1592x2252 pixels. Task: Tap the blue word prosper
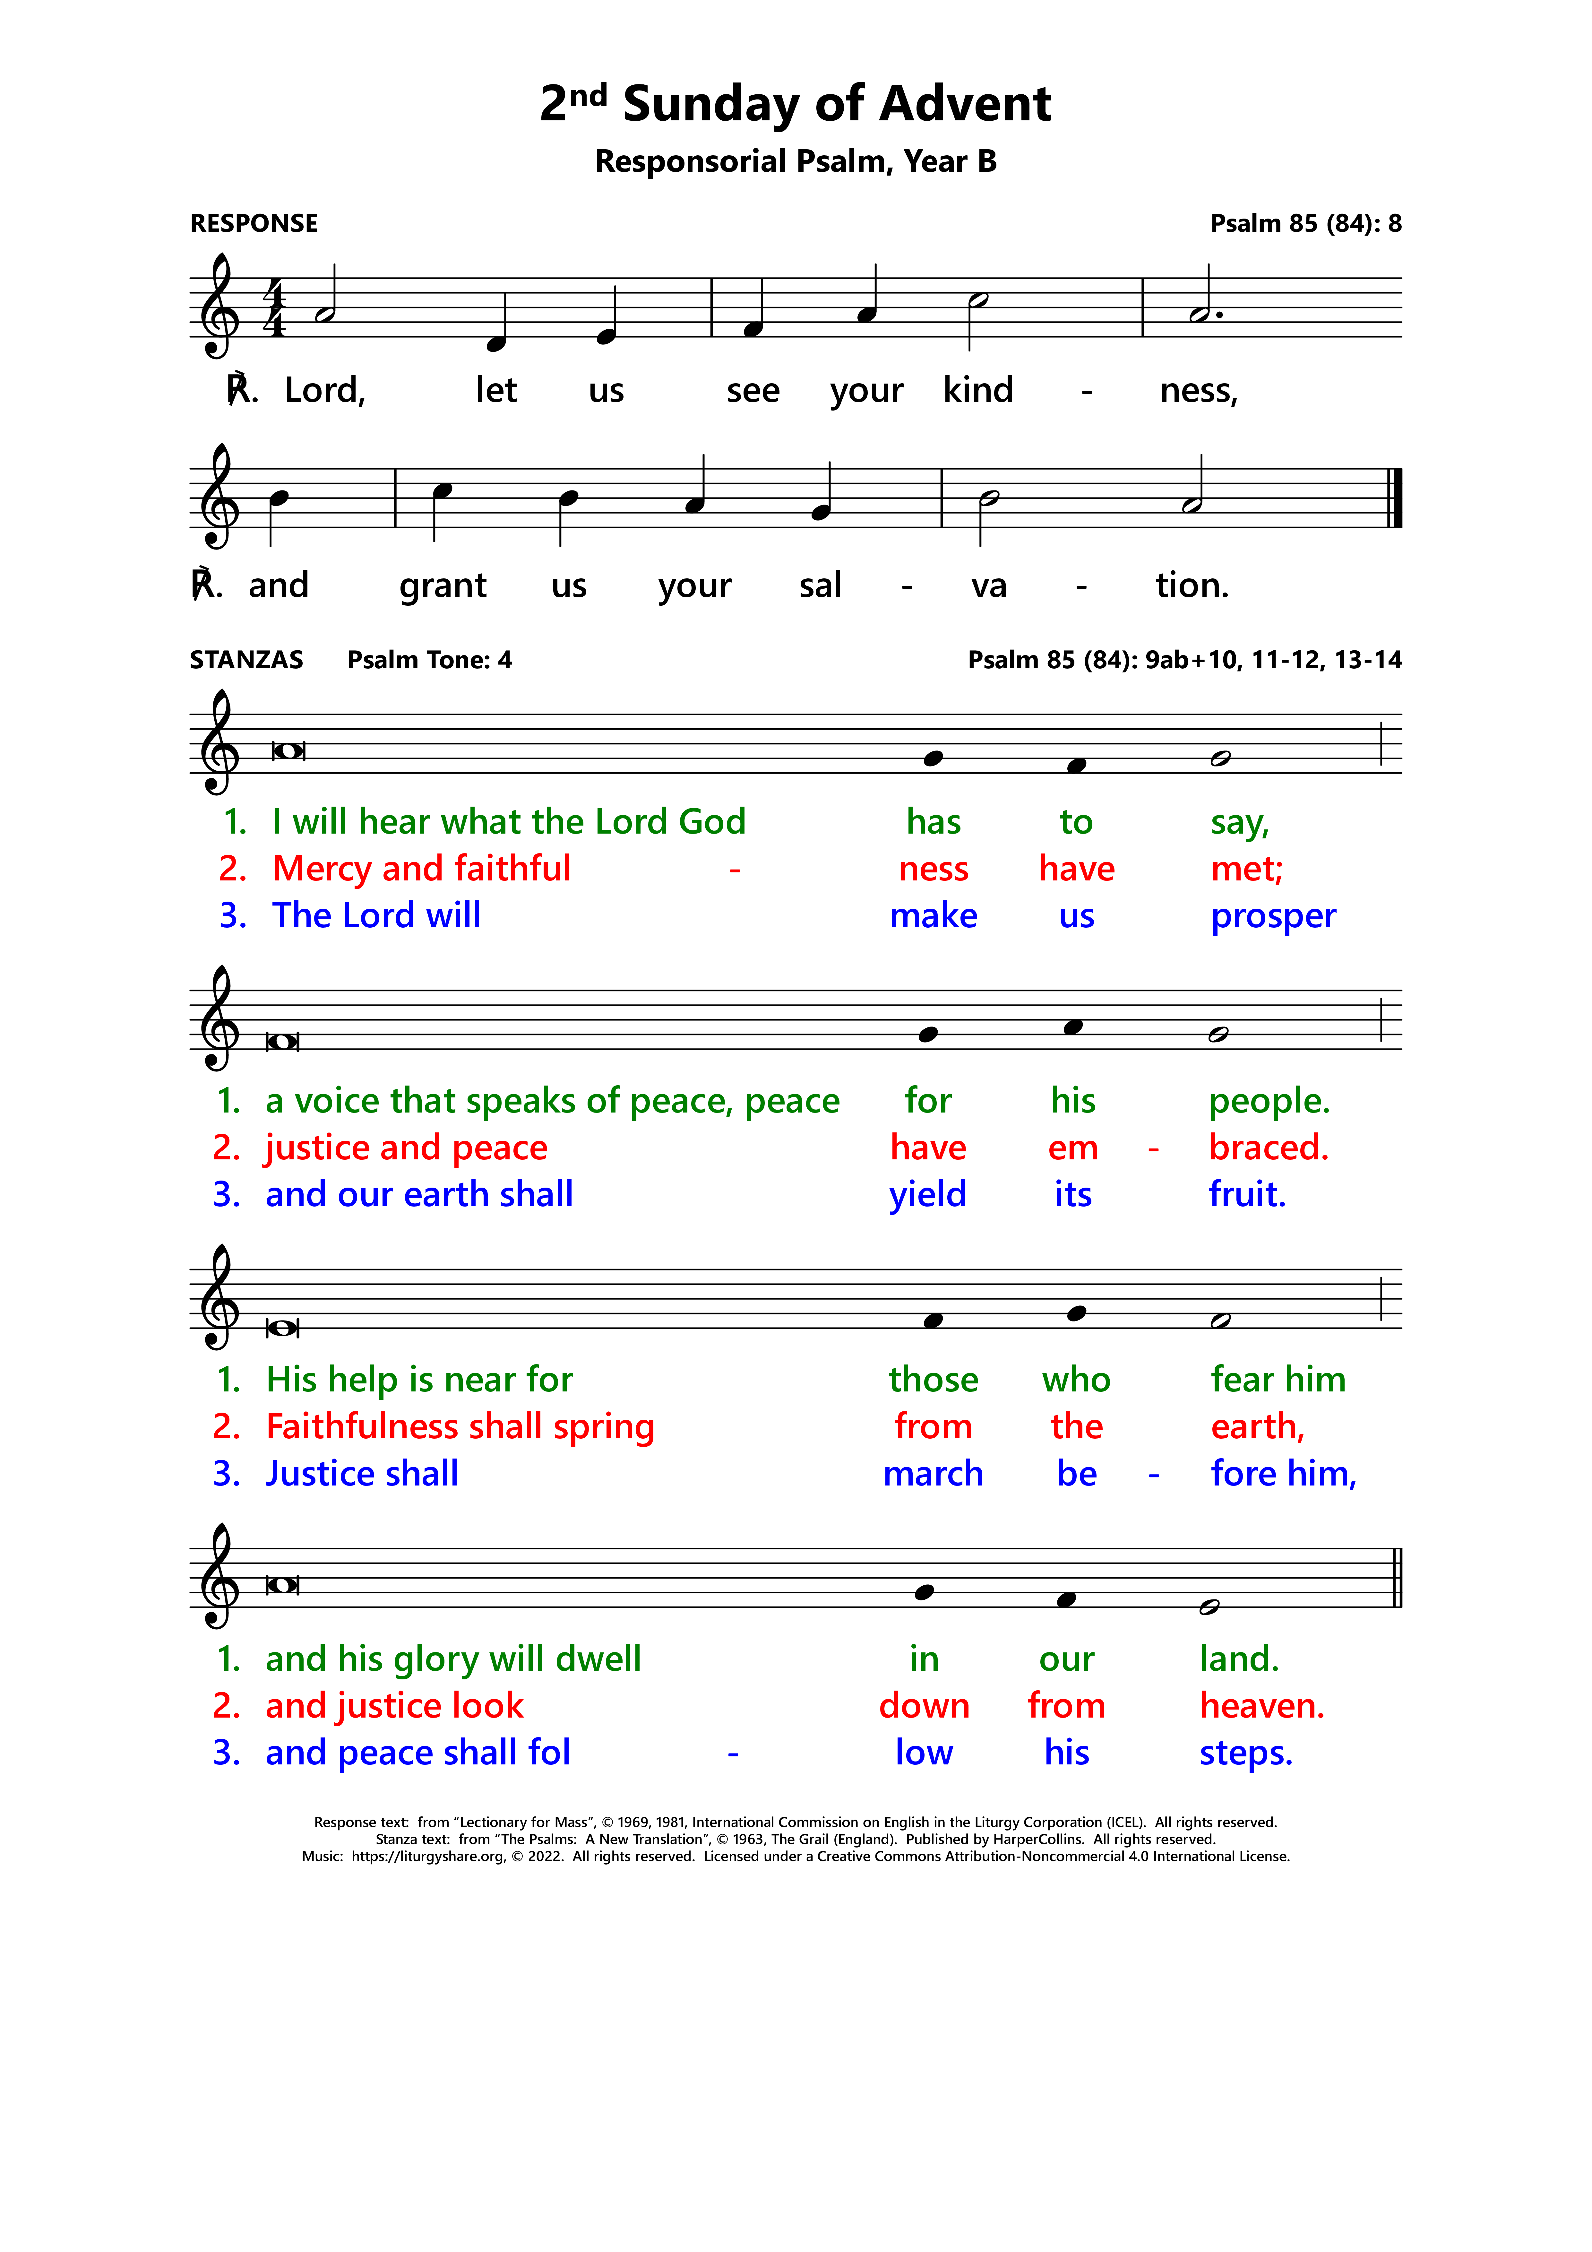(1272, 916)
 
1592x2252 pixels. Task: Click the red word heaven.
(1261, 1707)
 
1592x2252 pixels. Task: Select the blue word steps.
(1246, 1754)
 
